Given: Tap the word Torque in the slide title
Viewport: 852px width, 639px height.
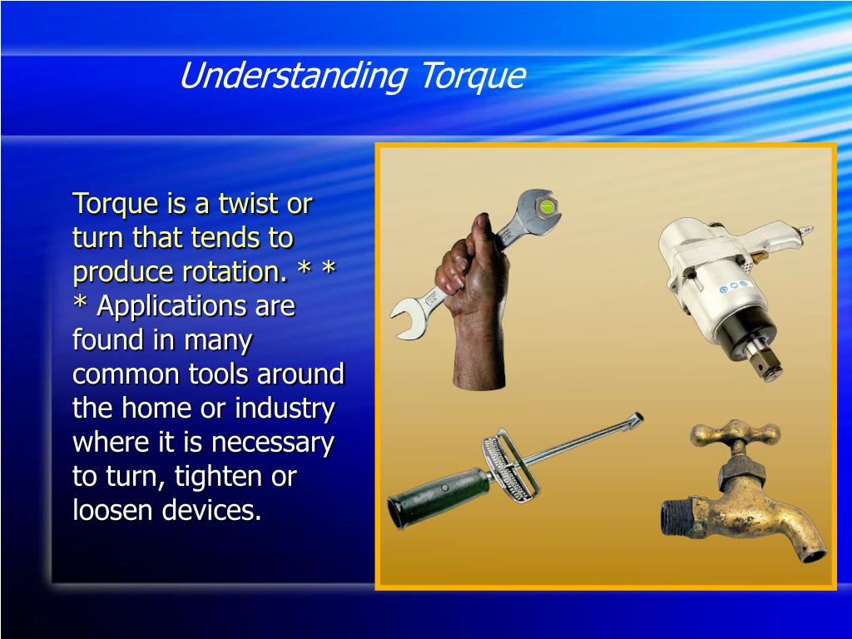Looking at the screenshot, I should [472, 77].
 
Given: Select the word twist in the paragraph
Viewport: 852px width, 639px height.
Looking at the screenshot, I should [249, 204].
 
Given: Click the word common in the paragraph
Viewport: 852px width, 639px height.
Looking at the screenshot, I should [118, 374].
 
